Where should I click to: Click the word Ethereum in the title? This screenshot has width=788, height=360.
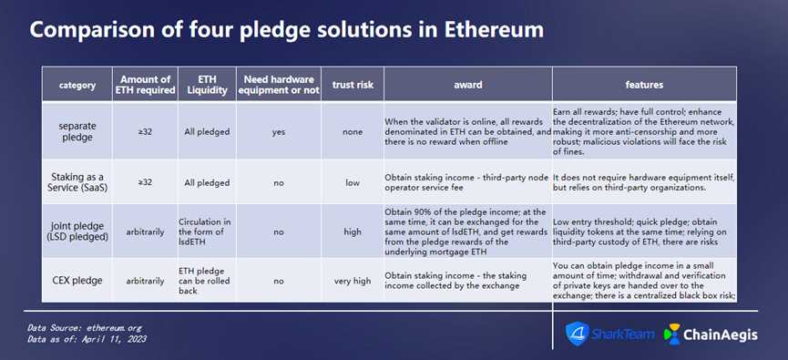tap(494, 30)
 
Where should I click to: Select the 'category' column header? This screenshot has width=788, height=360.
tap(77, 85)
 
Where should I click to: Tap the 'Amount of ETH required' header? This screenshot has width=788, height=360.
tap(145, 85)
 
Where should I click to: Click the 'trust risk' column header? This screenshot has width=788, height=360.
tap(353, 85)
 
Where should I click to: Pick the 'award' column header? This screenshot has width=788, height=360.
tap(468, 85)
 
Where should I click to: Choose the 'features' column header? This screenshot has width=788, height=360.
tap(644, 85)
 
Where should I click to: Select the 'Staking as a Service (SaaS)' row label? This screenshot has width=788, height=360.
tap(77, 182)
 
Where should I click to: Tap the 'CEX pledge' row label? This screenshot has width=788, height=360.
tap(77, 281)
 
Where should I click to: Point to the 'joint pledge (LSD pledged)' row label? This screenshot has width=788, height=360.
tap(77, 231)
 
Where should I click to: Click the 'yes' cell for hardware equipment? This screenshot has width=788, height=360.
tap(279, 132)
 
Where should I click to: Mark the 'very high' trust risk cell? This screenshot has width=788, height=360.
tap(353, 281)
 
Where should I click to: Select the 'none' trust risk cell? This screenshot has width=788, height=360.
tap(353, 132)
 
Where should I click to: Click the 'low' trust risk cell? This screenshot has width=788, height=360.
tap(353, 183)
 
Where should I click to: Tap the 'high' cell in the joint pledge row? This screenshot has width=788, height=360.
tap(353, 231)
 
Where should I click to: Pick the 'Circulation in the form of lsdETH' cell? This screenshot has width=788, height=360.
tap(201, 231)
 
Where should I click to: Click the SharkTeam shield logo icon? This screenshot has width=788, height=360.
tap(577, 334)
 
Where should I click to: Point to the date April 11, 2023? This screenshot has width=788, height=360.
tap(118, 339)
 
